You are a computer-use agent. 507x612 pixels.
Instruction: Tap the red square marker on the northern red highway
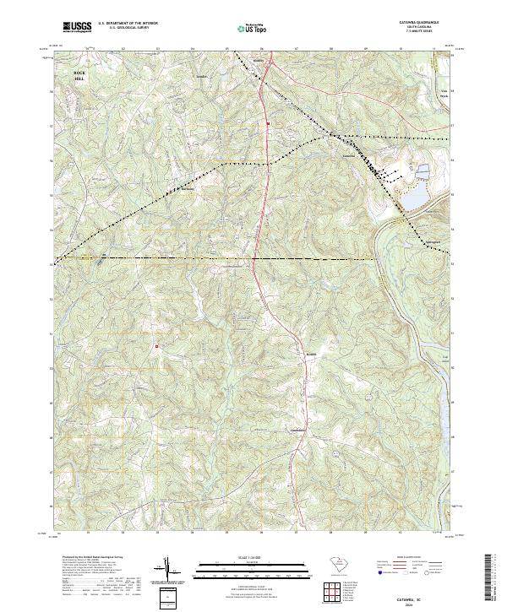(x=269, y=125)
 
